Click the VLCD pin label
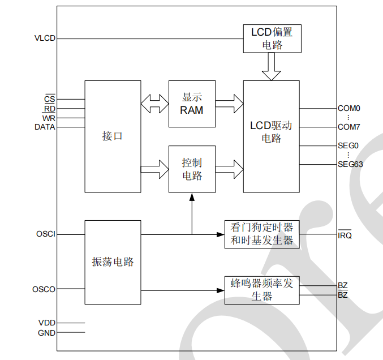pyautogui.click(x=45, y=38)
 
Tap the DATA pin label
pyautogui.click(x=45, y=127)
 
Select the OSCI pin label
pyautogui.click(x=46, y=234)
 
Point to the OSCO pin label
pyautogui.click(x=45, y=289)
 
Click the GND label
pyautogui.click(x=46, y=333)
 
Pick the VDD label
pyautogui.click(x=46, y=323)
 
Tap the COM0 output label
pyautogui.click(x=349, y=108)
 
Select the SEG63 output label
pyautogui.click(x=350, y=164)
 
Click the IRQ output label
pyautogui.click(x=345, y=235)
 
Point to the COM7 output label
pyautogui.click(x=349, y=127)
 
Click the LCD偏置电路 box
pyautogui.click(x=272, y=38)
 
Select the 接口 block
pyautogui.click(x=113, y=136)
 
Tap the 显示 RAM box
pyautogui.click(x=192, y=104)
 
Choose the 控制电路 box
pyautogui.click(x=192, y=169)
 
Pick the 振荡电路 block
pyautogui.click(x=113, y=262)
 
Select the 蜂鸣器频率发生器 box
pyautogui.click(x=262, y=290)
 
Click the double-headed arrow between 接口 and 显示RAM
pyautogui.click(x=155, y=104)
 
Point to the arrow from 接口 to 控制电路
pyautogui.click(x=155, y=168)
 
